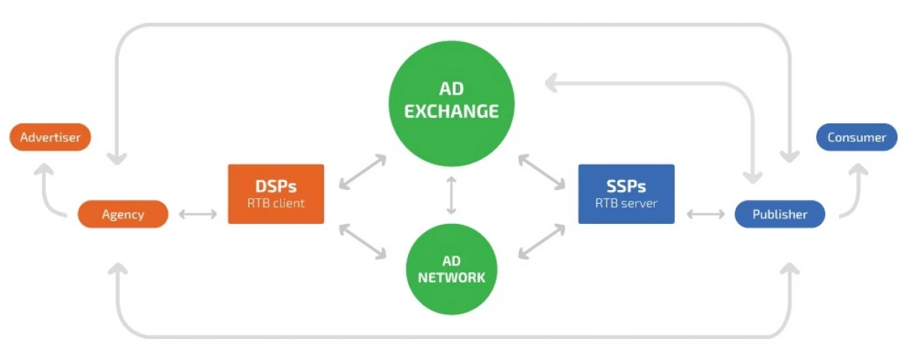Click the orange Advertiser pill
pos(50,138)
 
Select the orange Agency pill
pos(123,214)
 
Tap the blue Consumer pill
pos(856,138)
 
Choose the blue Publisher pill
pos(779,214)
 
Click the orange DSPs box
pos(276,194)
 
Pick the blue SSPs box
pos(626,194)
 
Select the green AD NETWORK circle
pos(451,268)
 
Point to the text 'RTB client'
pos(276,204)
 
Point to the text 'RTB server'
pos(626,204)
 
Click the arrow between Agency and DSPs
pos(198,215)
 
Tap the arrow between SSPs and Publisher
pos(705,215)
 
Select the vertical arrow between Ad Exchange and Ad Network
pos(451,195)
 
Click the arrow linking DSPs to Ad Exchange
pos(362,172)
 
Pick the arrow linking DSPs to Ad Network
pos(362,241)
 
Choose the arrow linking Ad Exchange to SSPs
pos(541,172)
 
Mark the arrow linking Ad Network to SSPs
pos(541,241)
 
